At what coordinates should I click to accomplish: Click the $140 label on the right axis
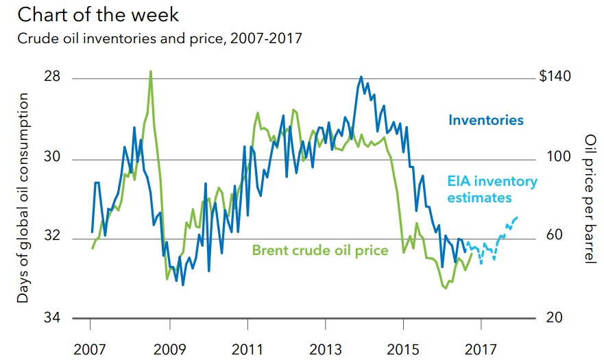click(555, 77)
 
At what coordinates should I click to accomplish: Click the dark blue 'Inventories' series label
click(485, 121)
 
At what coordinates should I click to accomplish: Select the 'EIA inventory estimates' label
click(492, 189)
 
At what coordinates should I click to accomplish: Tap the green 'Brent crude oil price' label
click(320, 250)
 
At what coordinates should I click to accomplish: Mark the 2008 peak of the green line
click(150, 71)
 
